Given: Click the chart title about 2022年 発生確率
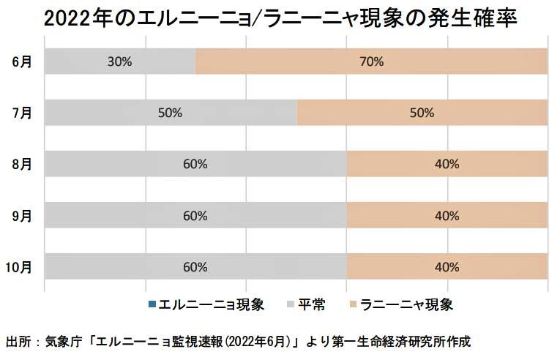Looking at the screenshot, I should (281, 18).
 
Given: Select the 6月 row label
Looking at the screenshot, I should (22, 61).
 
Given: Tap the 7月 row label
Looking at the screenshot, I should (22, 113).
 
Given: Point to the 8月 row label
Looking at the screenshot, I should (22, 164).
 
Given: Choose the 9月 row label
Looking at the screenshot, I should (22, 215).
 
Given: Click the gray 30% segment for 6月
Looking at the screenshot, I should (120, 61).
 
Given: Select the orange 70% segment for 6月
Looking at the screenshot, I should (371, 61).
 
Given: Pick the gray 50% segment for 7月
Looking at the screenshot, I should (171, 113).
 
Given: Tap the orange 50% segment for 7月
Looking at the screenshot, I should (422, 113).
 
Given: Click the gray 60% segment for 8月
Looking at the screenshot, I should (195, 164).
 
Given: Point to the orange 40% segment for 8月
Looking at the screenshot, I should (447, 164).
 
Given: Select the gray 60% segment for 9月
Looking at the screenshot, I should (195, 215).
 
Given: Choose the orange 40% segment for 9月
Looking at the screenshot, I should (447, 215).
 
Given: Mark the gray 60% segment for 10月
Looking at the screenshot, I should (195, 266).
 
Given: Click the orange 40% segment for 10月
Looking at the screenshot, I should (447, 266).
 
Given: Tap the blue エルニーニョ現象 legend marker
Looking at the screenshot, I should (152, 304).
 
